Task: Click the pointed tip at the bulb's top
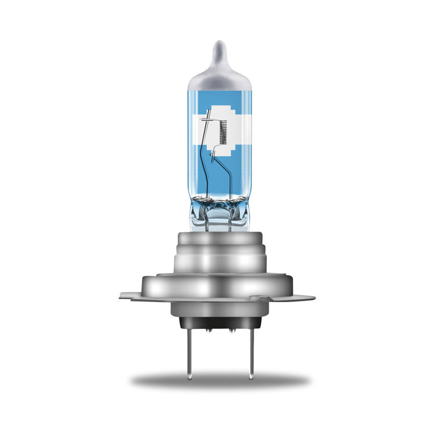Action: pyautogui.click(x=219, y=45)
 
